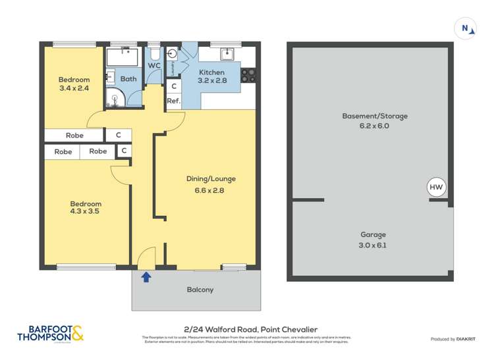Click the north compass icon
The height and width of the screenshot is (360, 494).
(466, 28)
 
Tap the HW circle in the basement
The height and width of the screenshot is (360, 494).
(437, 187)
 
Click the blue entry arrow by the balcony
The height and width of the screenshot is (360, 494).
(146, 277)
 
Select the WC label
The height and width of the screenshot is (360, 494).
(153, 66)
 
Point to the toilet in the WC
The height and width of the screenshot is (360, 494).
(154, 52)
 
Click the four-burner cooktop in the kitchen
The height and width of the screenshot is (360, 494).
(248, 75)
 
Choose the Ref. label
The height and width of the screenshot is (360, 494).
(173, 101)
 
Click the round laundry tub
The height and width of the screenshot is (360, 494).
(173, 54)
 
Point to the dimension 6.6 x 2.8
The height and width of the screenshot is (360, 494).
(210, 191)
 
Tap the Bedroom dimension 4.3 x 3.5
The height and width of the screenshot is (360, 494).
(86, 212)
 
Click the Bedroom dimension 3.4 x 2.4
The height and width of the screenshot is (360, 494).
(73, 88)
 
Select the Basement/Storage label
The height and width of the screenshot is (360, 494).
(374, 116)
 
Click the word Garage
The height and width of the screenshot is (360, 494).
(373, 234)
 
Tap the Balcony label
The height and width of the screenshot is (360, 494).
(200, 290)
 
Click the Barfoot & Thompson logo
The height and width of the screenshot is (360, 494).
(51, 334)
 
